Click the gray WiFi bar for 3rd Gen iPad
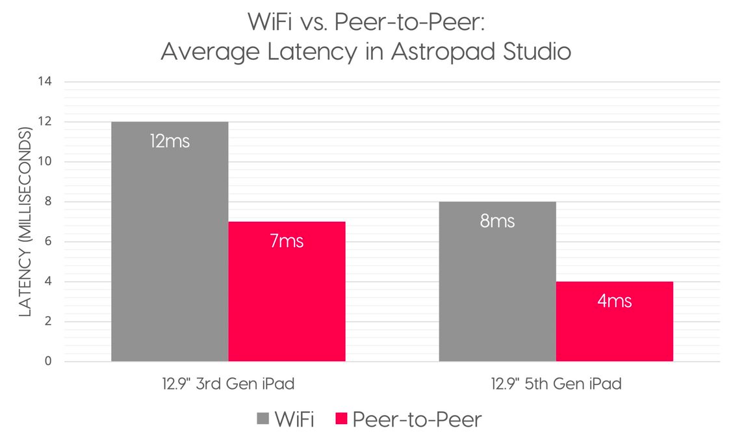[x=170, y=260]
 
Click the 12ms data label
[x=170, y=141]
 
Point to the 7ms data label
[x=287, y=241]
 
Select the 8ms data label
[x=497, y=221]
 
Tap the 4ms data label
[x=614, y=301]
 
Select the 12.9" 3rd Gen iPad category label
[x=227, y=384]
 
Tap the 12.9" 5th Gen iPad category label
[x=556, y=384]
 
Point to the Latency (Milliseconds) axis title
[x=25, y=222]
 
